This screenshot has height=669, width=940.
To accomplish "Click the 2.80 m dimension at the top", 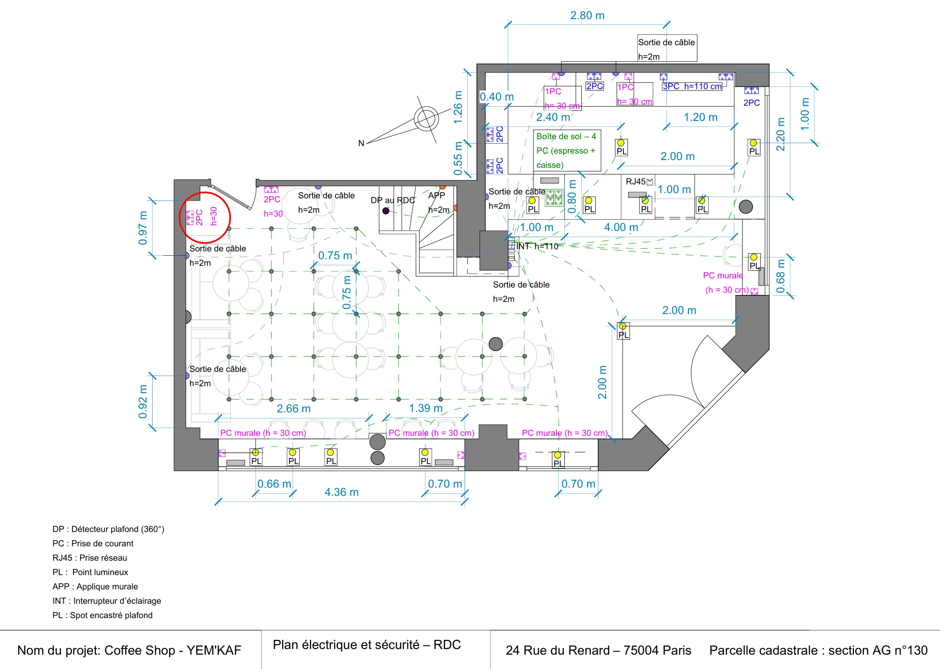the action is point(587,16).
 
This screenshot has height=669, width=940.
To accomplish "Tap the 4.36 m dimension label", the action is point(341,492).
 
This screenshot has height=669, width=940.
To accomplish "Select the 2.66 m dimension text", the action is point(293,408).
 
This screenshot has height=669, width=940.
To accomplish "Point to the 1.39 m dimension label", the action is point(426,408).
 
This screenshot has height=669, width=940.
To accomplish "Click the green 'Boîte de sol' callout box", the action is point(567,151).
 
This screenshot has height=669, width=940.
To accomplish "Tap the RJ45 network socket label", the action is point(639,181).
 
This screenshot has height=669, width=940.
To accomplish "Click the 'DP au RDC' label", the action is point(393,200).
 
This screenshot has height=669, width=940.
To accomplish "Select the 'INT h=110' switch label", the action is point(537,246).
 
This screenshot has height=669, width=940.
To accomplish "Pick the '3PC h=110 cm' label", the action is point(692,86).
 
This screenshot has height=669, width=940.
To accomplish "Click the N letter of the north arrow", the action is point(361,143).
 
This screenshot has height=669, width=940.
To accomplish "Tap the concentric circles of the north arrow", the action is point(426,119).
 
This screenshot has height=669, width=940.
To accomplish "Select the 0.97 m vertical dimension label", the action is point(143,228).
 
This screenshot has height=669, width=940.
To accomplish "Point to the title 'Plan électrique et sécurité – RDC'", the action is point(367,645).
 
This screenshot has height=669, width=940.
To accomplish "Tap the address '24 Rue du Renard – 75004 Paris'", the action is point(598,650).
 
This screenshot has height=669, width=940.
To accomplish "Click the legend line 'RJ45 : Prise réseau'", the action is point(90,558).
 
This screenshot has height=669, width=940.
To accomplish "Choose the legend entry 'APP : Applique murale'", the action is point(95,586).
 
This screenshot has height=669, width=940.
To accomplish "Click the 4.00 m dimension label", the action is point(621,227).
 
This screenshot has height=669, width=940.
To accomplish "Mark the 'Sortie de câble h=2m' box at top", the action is point(667,48).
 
